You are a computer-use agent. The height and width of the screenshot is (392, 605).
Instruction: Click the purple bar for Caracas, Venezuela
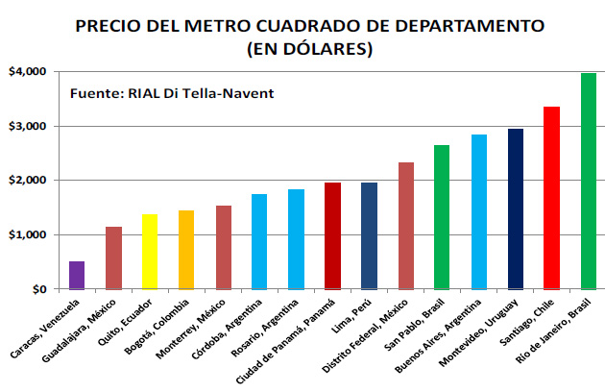pyautogui.click(x=77, y=275)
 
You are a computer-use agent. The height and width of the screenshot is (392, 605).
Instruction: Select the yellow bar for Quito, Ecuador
pyautogui.click(x=150, y=252)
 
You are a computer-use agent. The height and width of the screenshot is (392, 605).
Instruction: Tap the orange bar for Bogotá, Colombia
pyautogui.click(x=186, y=250)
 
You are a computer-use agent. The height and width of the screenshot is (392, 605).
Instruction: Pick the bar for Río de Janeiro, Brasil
pyautogui.click(x=589, y=181)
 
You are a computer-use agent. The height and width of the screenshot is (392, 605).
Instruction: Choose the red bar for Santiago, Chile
pyautogui.click(x=552, y=197)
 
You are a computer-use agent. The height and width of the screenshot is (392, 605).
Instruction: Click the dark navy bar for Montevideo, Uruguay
pyautogui.click(x=516, y=208)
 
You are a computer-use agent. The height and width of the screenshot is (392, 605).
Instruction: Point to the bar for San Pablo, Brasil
pyautogui.click(x=442, y=216)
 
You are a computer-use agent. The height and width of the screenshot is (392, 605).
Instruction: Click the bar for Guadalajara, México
pyautogui.click(x=113, y=257)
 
